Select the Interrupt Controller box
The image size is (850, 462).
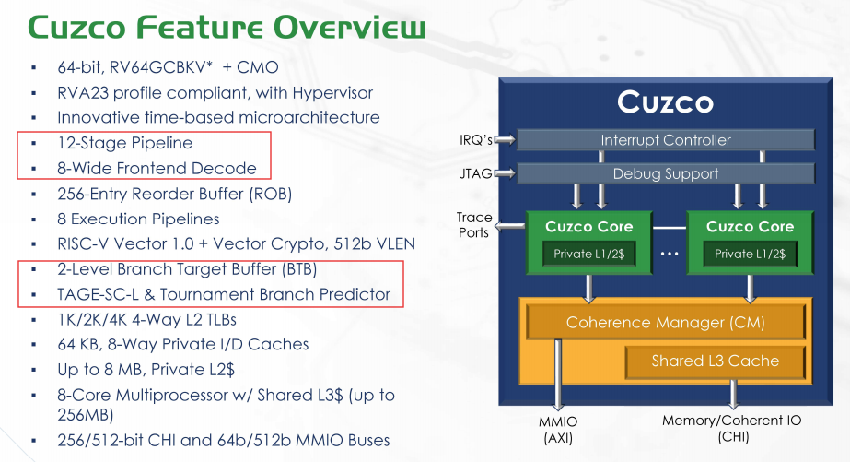point(666,140)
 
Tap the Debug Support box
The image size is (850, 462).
point(666,173)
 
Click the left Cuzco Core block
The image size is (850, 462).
point(588,242)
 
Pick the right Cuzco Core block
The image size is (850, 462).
point(750,242)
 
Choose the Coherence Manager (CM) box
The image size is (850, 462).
point(665,323)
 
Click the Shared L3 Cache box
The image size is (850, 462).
point(715,361)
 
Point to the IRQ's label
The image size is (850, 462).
point(476,140)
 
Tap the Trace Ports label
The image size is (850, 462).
point(474,225)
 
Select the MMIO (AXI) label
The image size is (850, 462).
point(557,429)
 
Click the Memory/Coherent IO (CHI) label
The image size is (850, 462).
point(731,429)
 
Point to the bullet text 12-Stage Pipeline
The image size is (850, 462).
point(124,143)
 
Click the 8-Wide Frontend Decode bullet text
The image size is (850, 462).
point(157,168)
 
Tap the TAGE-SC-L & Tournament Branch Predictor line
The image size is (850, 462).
point(224,295)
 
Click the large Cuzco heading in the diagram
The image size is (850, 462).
point(665,101)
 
